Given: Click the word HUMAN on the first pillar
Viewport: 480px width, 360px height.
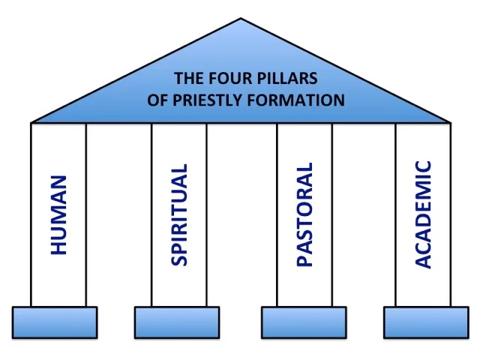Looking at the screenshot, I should coord(58,215).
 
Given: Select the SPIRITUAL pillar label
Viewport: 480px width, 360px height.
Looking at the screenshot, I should coord(180,214).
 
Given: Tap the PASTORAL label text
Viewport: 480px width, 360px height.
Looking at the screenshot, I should coord(304,214).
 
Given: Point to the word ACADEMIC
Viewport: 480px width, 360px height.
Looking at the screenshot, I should coord(424,214).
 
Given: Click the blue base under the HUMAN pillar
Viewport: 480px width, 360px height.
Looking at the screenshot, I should coord(55,322).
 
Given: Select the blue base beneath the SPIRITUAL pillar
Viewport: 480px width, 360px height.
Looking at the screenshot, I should coord(176,322).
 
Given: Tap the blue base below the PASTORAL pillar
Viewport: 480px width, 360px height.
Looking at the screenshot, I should coord(303,322).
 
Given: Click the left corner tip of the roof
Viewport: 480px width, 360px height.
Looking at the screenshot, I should coord(32,121).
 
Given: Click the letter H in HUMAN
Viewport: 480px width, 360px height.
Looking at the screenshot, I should coord(58,247).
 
